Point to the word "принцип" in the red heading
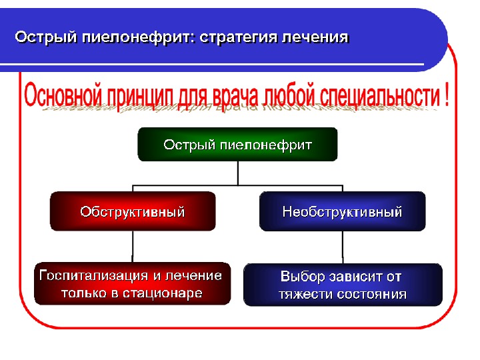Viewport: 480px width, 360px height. point(139,95)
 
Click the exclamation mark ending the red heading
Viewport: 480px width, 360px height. point(446,95)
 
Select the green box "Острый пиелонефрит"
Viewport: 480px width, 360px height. point(237,145)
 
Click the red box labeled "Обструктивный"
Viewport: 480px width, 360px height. point(133,212)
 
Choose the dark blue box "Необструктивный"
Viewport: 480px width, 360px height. point(342,212)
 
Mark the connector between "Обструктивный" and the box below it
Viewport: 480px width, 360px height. point(133,247)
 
